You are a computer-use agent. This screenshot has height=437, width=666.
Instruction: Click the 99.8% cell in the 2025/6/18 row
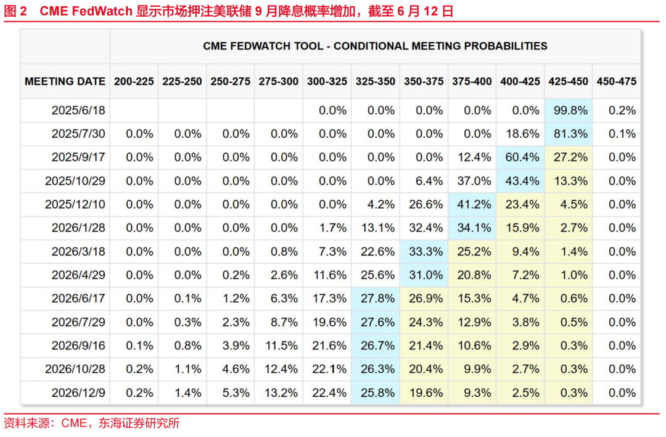[568, 110]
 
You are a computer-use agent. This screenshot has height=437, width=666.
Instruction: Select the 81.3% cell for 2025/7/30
[568, 134]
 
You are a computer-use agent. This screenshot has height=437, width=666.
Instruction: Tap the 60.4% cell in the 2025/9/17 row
[520, 157]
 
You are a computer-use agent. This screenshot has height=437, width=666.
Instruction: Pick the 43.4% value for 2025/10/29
[520, 181]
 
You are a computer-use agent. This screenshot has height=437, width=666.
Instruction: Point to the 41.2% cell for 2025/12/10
[472, 204]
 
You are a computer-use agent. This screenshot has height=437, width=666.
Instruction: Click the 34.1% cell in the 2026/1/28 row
[472, 228]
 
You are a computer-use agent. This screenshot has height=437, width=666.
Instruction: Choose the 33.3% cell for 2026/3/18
[424, 252]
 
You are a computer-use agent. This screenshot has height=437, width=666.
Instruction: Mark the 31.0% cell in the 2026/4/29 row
[424, 275]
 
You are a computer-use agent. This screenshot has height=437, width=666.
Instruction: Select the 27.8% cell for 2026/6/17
[376, 299]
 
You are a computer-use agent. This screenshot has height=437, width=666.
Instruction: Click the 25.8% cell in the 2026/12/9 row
[376, 393]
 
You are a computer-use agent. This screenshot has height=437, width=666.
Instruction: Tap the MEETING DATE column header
[65, 81]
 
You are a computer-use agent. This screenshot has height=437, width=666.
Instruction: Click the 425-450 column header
[568, 81]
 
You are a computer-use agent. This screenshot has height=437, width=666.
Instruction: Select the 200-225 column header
[134, 81]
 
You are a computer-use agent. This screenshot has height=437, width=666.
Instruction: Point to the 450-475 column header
[616, 81]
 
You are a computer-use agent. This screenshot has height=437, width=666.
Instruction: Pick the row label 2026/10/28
[75, 369]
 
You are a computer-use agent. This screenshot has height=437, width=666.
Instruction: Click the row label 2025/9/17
[78, 157]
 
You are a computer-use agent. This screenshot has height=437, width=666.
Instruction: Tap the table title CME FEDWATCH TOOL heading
[375, 46]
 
